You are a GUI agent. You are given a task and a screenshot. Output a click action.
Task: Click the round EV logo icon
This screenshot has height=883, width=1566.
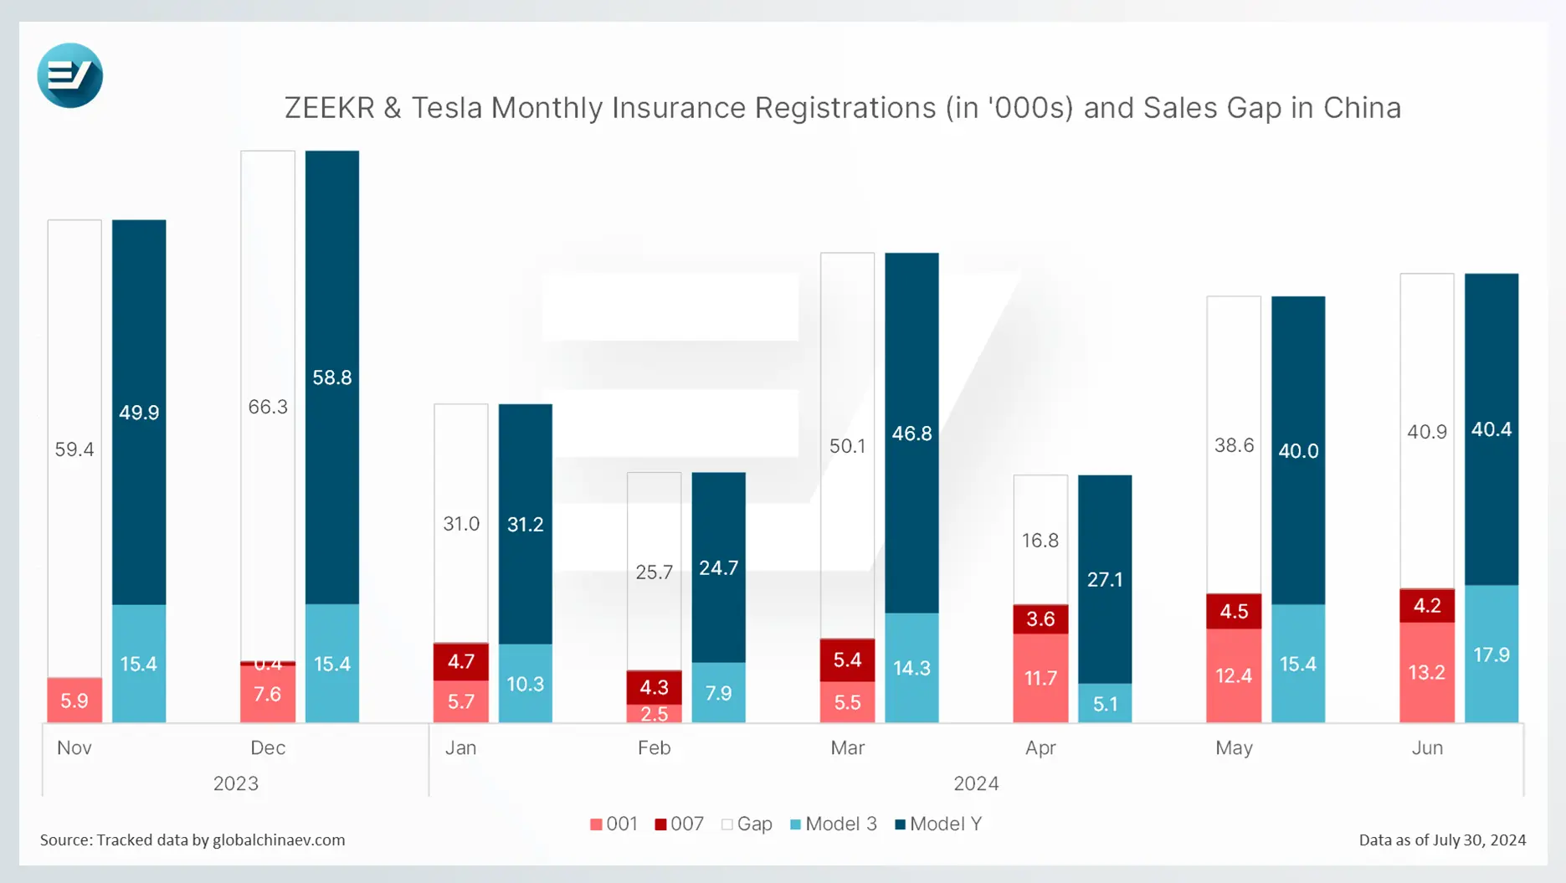click(x=70, y=75)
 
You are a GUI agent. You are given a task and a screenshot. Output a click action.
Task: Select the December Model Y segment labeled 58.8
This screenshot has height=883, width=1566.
click(x=332, y=377)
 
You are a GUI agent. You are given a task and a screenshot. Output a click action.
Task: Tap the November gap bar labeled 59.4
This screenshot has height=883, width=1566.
click(x=74, y=449)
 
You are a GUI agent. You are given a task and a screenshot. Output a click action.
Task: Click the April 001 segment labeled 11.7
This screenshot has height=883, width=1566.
click(x=1040, y=678)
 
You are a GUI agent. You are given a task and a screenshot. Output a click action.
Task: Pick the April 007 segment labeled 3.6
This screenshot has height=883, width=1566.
click(x=1040, y=619)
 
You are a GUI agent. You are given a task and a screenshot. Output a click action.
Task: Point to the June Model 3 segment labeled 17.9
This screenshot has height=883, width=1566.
click(x=1492, y=655)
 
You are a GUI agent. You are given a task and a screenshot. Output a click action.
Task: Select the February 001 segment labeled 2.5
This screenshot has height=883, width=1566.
click(x=654, y=714)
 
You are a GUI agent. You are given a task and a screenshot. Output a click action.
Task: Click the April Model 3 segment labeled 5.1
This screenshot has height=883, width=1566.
click(x=1105, y=704)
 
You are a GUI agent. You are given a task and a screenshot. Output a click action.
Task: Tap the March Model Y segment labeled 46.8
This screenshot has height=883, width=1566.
click(x=911, y=434)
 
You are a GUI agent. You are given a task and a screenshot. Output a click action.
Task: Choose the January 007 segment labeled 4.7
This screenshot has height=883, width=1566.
click(x=461, y=661)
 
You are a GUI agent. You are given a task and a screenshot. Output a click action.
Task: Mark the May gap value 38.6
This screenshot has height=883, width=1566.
click(x=1234, y=445)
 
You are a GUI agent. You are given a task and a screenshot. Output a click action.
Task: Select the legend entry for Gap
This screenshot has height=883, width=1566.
click(x=747, y=824)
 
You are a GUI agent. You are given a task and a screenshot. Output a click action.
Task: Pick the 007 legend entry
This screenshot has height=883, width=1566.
click(x=679, y=824)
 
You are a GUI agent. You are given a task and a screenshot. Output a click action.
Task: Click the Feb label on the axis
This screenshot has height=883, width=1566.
click(x=654, y=748)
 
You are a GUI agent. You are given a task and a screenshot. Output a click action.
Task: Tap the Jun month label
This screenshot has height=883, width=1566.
click(x=1427, y=748)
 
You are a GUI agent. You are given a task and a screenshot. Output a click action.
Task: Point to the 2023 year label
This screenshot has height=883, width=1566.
click(x=236, y=784)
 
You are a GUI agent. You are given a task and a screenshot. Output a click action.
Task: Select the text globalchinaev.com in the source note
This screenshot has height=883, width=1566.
click(x=279, y=840)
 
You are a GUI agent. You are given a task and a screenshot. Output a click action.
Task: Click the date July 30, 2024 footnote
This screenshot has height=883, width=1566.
click(x=1477, y=840)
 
